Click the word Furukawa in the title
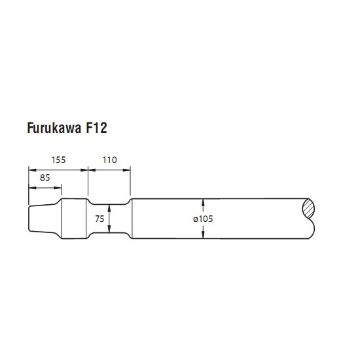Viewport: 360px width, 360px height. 54,128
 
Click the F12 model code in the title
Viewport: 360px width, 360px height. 96,128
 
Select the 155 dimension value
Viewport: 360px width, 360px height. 58,160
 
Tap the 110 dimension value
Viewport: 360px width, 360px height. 110,160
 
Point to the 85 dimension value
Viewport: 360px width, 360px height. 45,177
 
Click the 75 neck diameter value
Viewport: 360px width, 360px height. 99,219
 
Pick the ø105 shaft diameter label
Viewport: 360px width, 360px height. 203,219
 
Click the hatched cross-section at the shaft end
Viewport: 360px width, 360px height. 308,209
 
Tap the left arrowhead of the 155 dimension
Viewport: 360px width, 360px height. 32,170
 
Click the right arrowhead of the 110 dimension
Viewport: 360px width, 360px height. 126,170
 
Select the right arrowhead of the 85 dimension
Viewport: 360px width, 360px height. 58,188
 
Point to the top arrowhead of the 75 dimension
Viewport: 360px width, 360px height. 109,208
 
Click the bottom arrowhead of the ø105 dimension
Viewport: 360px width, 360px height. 203,234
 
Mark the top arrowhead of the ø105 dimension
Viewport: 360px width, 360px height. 203,202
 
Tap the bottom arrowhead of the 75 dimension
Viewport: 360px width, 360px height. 109,228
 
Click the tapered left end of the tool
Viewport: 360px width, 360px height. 44,219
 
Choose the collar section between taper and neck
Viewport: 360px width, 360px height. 74,219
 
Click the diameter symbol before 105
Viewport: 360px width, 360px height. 196,219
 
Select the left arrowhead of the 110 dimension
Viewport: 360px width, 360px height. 92,170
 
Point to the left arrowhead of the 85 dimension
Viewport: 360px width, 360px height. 32,188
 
